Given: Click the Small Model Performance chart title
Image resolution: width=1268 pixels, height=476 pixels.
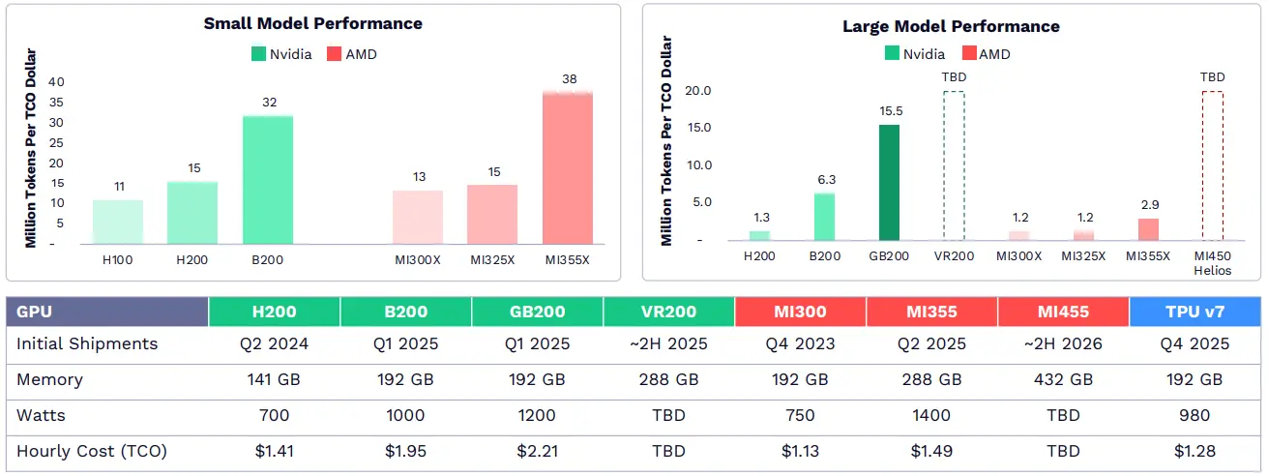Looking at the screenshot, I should tap(312, 23).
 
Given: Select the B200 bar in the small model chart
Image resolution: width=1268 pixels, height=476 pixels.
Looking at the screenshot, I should tap(268, 180).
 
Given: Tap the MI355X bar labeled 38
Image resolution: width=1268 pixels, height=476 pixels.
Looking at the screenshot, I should tap(568, 167).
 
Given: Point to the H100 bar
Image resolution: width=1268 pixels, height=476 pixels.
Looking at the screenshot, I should tap(118, 222).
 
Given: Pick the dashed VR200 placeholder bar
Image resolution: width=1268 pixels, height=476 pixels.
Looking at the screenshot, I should tap(954, 165).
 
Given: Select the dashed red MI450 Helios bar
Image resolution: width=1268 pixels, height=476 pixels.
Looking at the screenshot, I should tap(1212, 165).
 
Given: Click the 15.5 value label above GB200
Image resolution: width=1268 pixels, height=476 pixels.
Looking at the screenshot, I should tap(889, 112).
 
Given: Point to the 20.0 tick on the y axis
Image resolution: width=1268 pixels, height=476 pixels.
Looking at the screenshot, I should tap(698, 91).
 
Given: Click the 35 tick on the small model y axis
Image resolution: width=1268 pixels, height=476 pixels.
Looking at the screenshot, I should tap(57, 103).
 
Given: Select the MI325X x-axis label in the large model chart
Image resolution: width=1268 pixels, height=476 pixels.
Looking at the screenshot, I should tap(1083, 256).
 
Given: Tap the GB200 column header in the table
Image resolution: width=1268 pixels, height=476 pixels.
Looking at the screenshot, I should tap(537, 312).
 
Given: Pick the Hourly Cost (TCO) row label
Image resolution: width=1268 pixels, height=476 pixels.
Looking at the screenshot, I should tap(92, 451).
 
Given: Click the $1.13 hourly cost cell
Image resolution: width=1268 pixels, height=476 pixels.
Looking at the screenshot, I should tap(800, 451).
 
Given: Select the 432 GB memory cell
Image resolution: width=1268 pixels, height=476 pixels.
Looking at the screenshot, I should tap(1063, 380).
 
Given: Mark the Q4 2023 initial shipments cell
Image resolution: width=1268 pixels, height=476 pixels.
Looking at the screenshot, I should tap(800, 344).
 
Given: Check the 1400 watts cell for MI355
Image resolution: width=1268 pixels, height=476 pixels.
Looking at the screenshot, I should tap(931, 416).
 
